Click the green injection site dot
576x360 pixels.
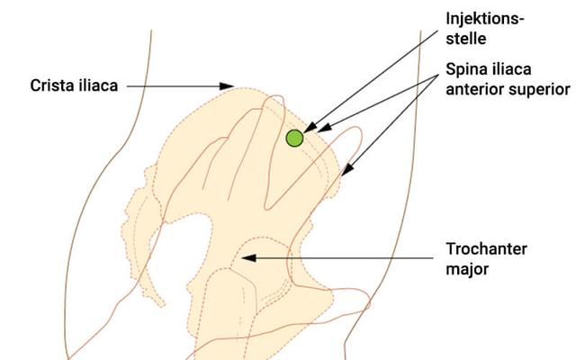coord(294,138)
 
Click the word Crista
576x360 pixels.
coord(50,86)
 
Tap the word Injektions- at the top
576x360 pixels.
coord(485,19)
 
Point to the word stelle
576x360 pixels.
coord(465,38)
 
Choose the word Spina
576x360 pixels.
coord(466,70)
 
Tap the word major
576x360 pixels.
coord(467,267)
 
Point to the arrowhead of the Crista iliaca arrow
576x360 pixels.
coord(229,86)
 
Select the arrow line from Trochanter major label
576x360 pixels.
coord(342,258)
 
